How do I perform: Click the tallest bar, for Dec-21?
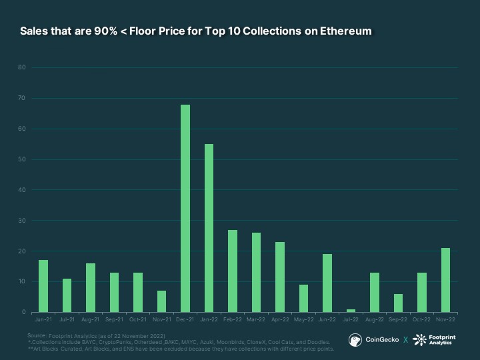(185, 208)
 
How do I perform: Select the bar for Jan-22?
(209, 228)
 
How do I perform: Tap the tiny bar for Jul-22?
(351, 311)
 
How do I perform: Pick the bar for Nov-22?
(445, 280)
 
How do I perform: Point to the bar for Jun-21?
(43, 286)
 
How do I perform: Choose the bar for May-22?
(303, 298)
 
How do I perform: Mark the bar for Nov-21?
(161, 301)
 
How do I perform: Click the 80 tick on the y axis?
(22, 67)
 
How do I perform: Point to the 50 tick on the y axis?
(22, 159)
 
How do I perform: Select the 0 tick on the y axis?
(23, 312)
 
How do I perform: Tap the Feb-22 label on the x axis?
(233, 320)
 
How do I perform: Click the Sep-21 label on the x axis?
(114, 320)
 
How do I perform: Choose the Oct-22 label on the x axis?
(422, 320)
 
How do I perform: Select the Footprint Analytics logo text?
(440, 340)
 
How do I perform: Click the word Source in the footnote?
(37, 335)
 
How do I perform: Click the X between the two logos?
(405, 340)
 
